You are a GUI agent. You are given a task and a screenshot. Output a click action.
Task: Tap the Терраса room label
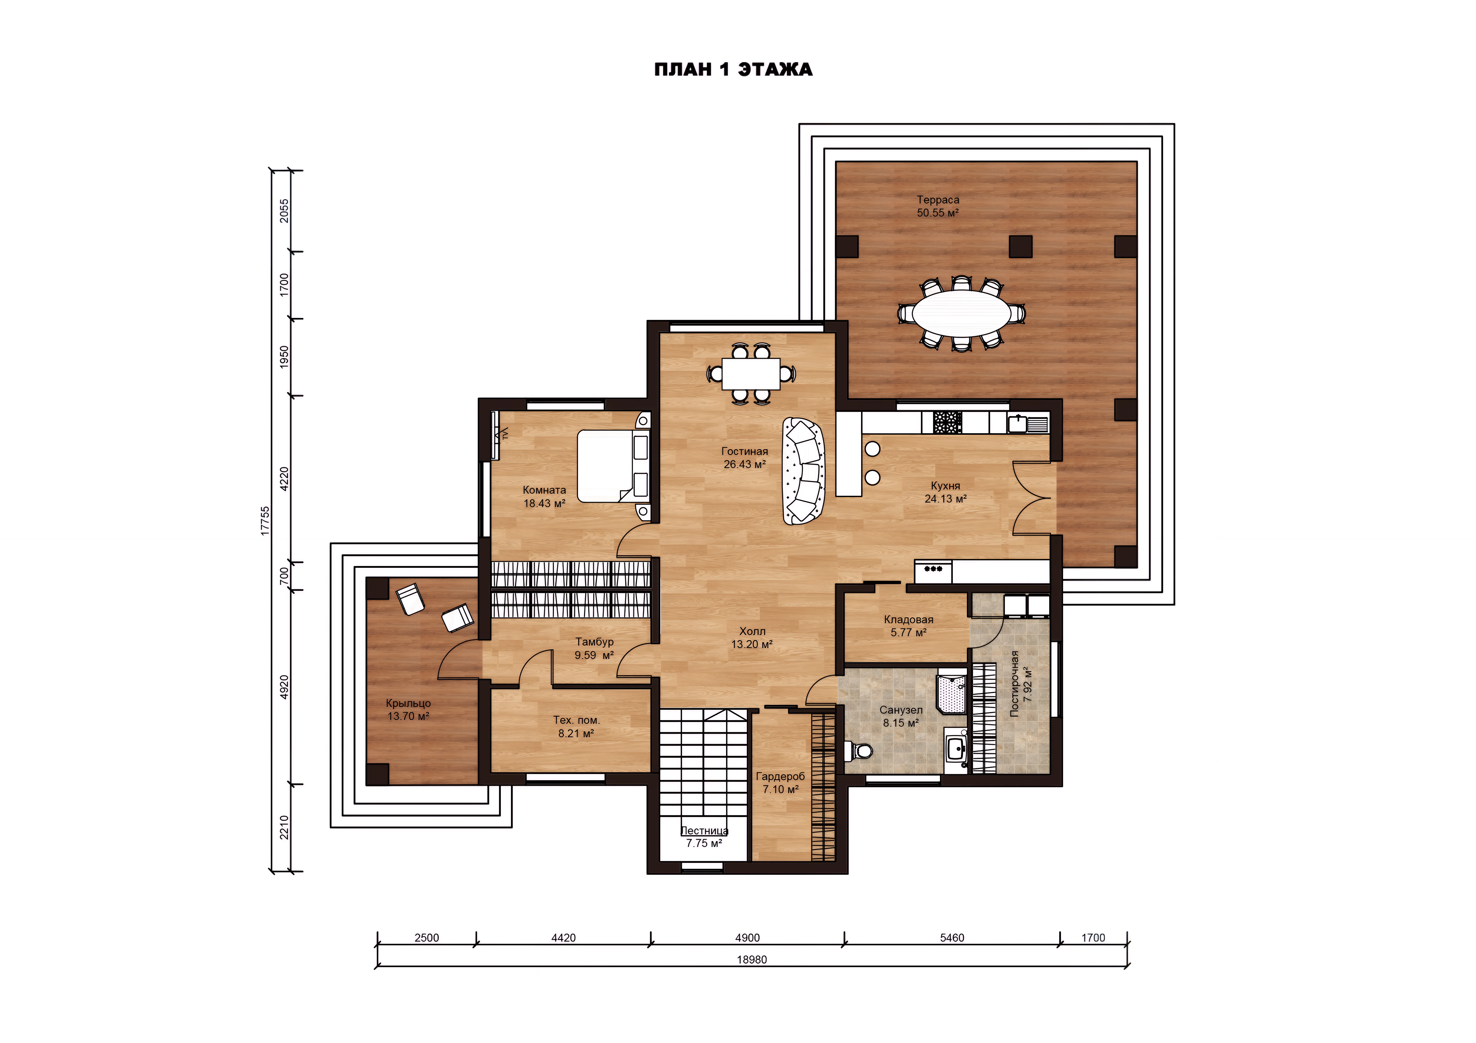pos(938,200)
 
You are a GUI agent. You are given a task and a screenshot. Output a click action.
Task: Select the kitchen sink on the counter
pos(1028,424)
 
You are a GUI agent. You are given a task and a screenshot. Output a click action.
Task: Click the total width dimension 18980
pos(751,960)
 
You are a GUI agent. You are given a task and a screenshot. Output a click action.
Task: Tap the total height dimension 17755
pos(265,520)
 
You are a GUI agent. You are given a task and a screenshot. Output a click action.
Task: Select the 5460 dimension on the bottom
pos(952,938)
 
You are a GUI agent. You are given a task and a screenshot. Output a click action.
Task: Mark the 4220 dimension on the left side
pos(284,479)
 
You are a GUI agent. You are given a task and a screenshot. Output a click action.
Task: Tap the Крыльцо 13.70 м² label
pos(408,709)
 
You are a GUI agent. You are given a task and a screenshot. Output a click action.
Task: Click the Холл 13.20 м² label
pos(751,638)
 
